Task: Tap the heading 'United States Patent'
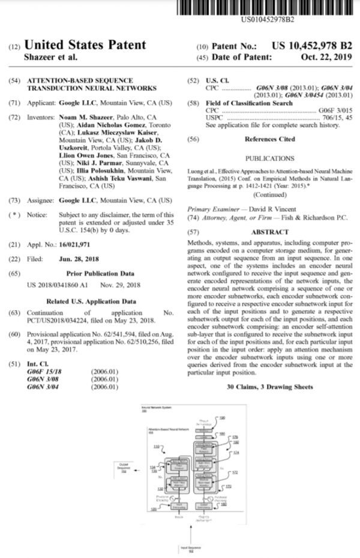point(85,45)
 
